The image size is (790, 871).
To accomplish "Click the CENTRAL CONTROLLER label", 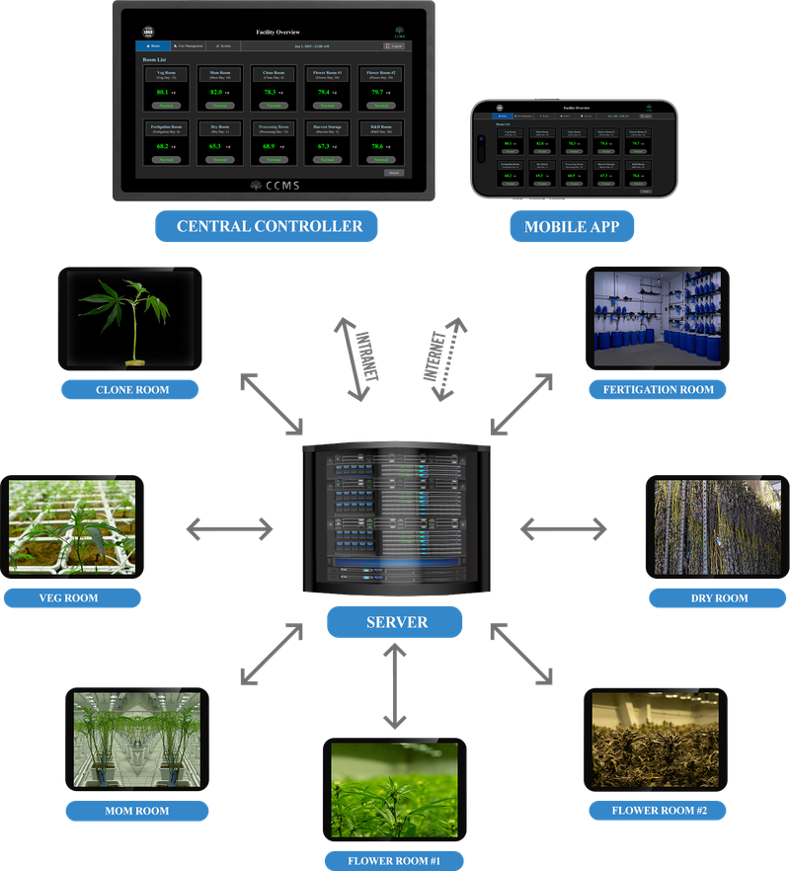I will click(269, 226).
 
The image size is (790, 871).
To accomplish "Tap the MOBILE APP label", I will click(572, 227).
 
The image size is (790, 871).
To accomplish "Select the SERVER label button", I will click(395, 622).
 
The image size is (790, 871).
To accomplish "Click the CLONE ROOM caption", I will click(131, 389).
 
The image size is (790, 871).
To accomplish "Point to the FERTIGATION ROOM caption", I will click(658, 389).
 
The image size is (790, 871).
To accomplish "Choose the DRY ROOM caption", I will click(718, 597).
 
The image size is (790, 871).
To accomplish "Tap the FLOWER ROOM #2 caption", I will click(657, 811).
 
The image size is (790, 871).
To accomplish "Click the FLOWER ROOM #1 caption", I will click(394, 859).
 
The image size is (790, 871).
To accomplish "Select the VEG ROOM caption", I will click(68, 597).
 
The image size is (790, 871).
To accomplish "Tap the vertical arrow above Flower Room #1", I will click(395, 688).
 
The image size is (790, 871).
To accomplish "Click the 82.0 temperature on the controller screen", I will click(216, 92).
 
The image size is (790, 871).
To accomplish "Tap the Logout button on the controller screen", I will click(393, 46).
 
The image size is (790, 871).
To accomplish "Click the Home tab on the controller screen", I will click(151, 46).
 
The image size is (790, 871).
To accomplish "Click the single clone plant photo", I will click(130, 319).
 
